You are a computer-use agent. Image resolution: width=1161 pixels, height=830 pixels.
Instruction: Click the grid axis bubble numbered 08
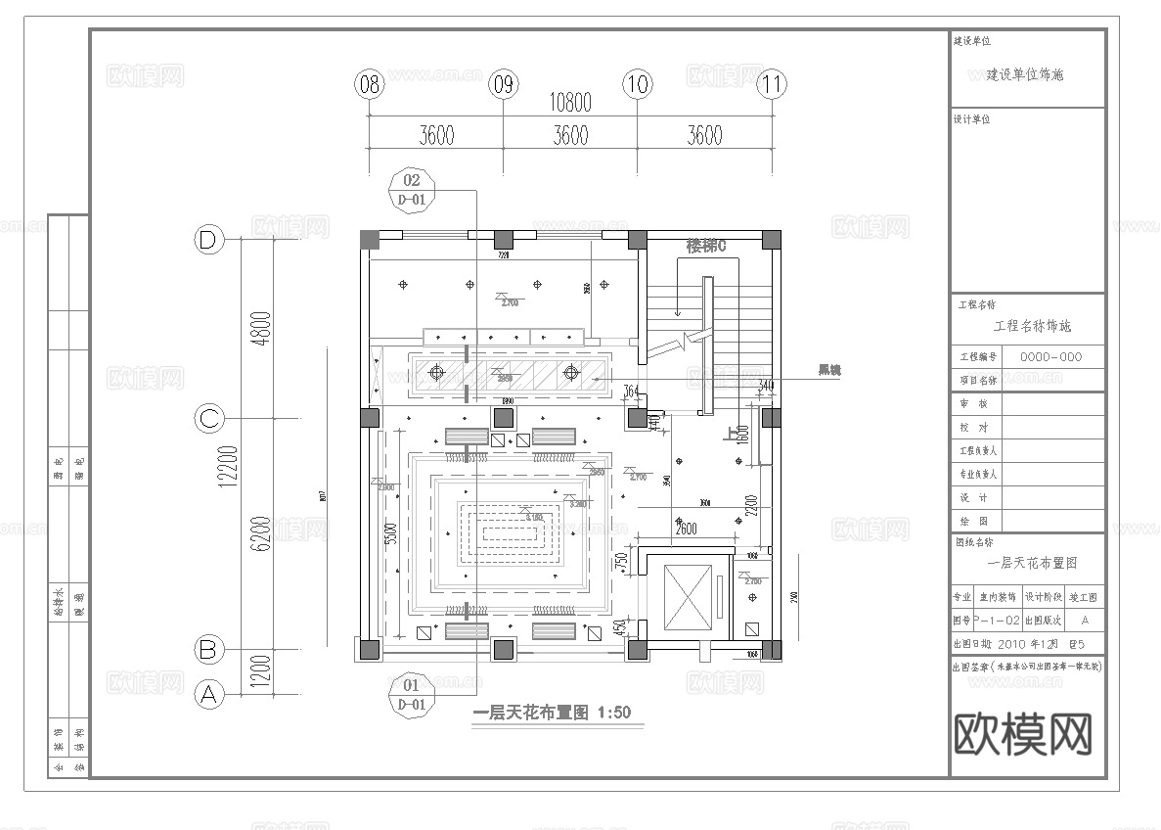[369, 84]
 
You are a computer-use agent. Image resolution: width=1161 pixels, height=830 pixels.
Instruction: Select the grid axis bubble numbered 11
[773, 84]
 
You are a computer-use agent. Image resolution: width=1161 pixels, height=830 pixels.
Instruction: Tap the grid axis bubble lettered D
[207, 240]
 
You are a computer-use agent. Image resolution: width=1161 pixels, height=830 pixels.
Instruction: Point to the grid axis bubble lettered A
[207, 694]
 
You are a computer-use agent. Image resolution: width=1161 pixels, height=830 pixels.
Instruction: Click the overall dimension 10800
[570, 102]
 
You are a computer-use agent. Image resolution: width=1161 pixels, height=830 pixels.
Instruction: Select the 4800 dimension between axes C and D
[261, 329]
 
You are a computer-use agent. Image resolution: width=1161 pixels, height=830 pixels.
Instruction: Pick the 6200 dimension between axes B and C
[261, 533]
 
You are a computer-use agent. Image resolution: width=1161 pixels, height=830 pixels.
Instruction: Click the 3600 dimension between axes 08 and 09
[436, 135]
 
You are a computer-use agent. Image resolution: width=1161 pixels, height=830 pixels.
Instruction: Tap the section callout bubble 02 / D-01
[412, 190]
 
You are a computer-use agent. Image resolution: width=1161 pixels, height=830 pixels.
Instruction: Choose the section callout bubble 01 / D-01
[412, 694]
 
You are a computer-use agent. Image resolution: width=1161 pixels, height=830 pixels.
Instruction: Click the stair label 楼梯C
[705, 247]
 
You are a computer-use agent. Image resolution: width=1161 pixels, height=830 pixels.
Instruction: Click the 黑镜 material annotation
[829, 371]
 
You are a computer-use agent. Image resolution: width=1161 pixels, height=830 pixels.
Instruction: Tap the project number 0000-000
[1050, 358]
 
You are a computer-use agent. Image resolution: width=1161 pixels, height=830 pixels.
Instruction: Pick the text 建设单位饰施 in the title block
[1024, 74]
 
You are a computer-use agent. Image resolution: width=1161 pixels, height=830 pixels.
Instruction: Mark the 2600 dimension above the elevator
[685, 530]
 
